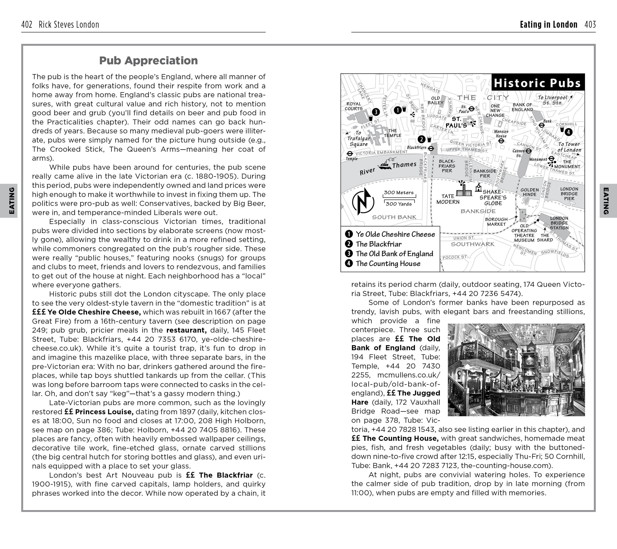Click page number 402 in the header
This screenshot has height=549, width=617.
[27, 24]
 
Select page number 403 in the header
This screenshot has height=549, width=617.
[590, 24]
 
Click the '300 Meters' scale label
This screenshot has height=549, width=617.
[399, 192]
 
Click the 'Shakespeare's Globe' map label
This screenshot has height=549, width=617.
[493, 198]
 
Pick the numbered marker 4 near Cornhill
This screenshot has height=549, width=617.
[568, 132]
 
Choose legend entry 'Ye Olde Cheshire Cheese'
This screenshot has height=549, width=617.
[395, 234]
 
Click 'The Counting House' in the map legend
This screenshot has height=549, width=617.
[388, 263]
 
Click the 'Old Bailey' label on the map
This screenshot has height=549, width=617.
[435, 100]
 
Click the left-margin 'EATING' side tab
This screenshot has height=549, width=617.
[11, 201]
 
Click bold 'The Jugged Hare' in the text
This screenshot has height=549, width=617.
[395, 398]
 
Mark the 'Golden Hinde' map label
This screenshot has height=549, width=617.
[529, 192]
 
